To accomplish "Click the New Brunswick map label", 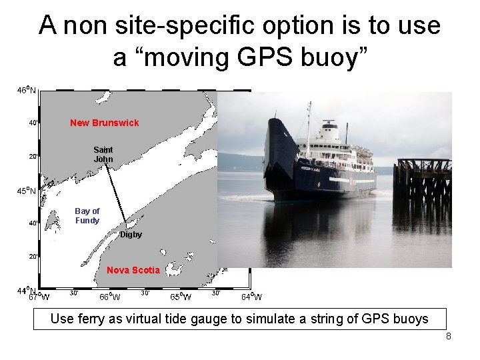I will [x=105, y=123].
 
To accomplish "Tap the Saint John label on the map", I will [x=103, y=155].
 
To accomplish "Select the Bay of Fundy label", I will [x=87, y=216].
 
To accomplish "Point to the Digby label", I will [x=131, y=235].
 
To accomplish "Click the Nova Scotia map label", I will [x=133, y=270].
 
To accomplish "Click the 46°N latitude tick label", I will [x=27, y=90].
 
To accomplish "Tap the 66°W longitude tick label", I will [x=110, y=297].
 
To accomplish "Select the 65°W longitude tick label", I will [x=181, y=297].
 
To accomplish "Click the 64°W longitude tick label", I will [x=251, y=297].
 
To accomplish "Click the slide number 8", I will [x=449, y=336].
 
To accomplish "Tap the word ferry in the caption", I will [x=103, y=319].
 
